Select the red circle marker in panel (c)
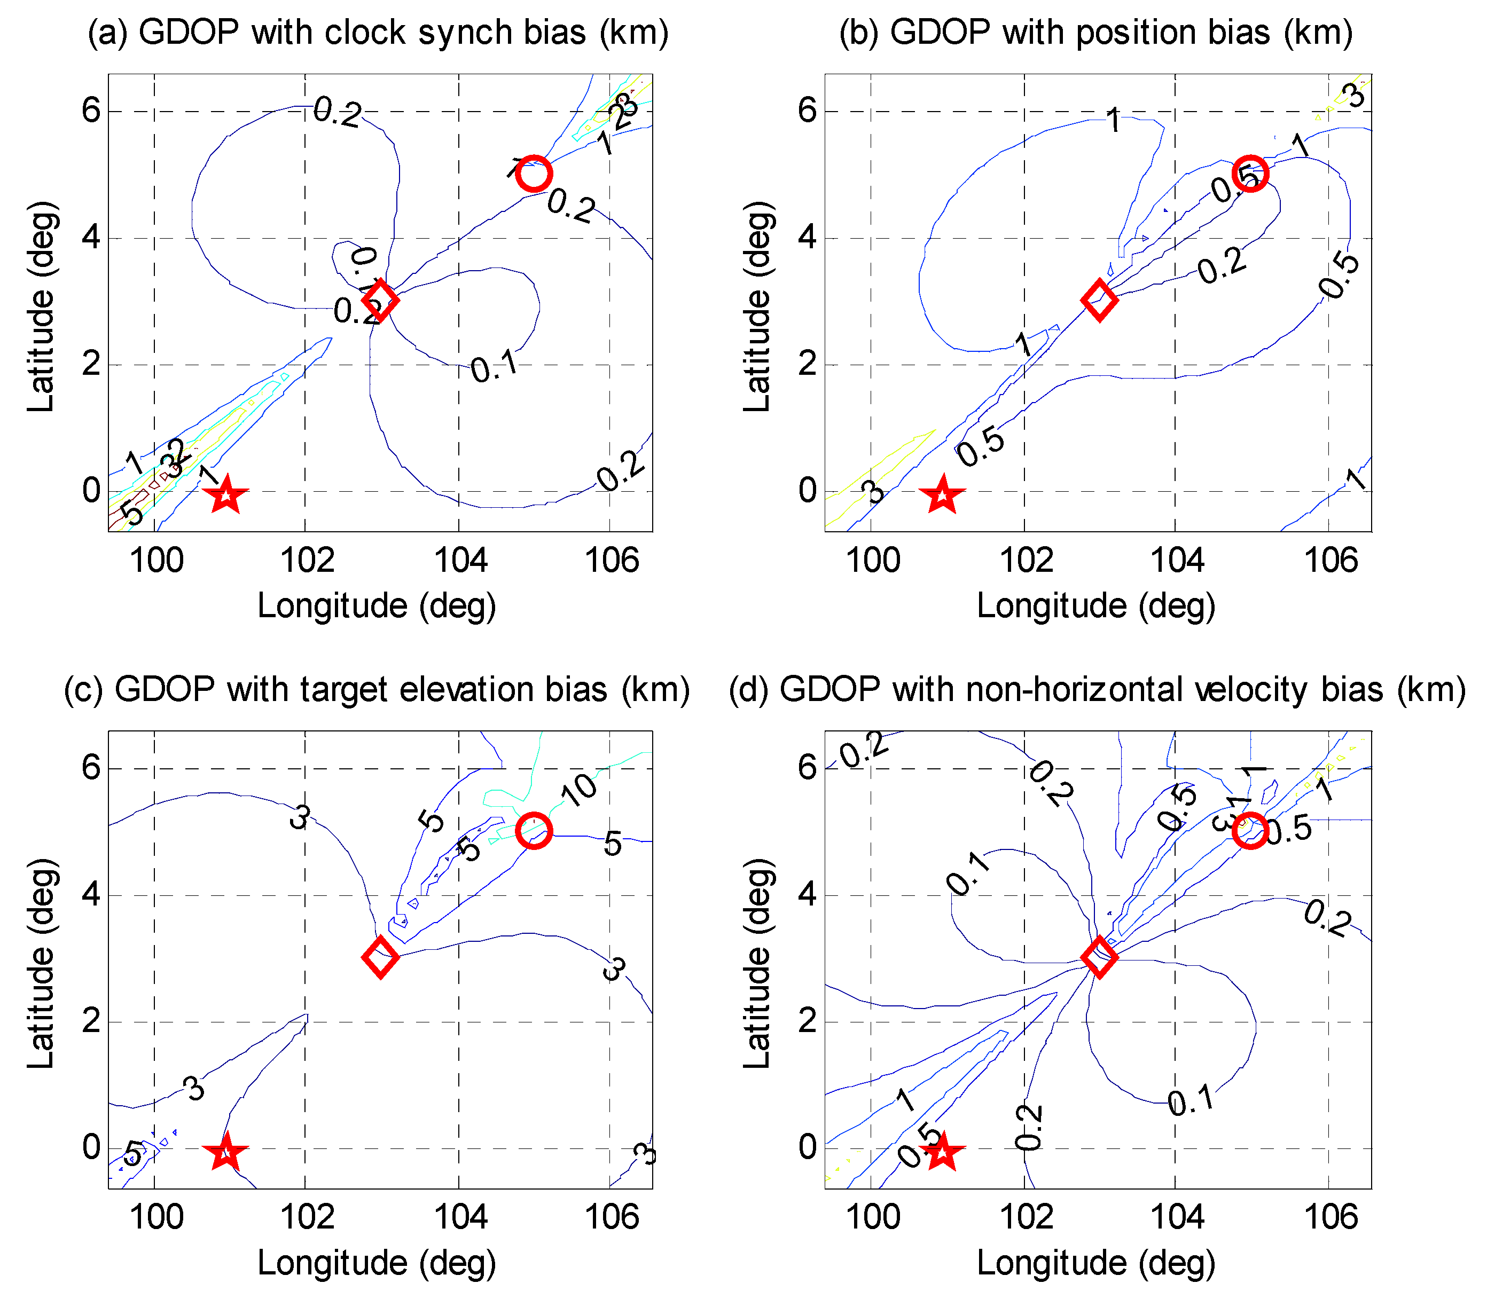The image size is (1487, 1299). [534, 831]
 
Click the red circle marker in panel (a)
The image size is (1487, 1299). [534, 174]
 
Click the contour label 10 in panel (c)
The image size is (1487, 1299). [580, 790]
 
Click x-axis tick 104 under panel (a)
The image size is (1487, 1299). [460, 561]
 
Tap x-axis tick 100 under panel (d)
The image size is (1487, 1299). [873, 1217]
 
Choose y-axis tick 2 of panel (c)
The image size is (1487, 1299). [91, 1021]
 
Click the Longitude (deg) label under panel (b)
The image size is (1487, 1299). [1095, 606]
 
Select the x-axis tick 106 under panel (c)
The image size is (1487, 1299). [612, 1217]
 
